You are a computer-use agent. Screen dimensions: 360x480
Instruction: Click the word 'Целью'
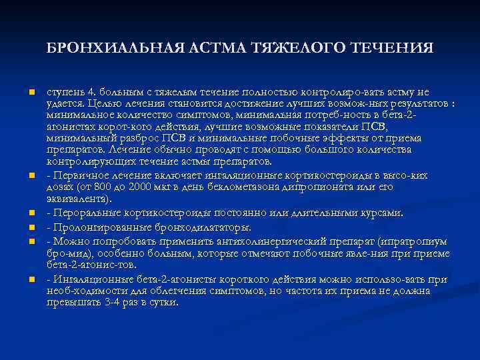pyautogui.click(x=95, y=104)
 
